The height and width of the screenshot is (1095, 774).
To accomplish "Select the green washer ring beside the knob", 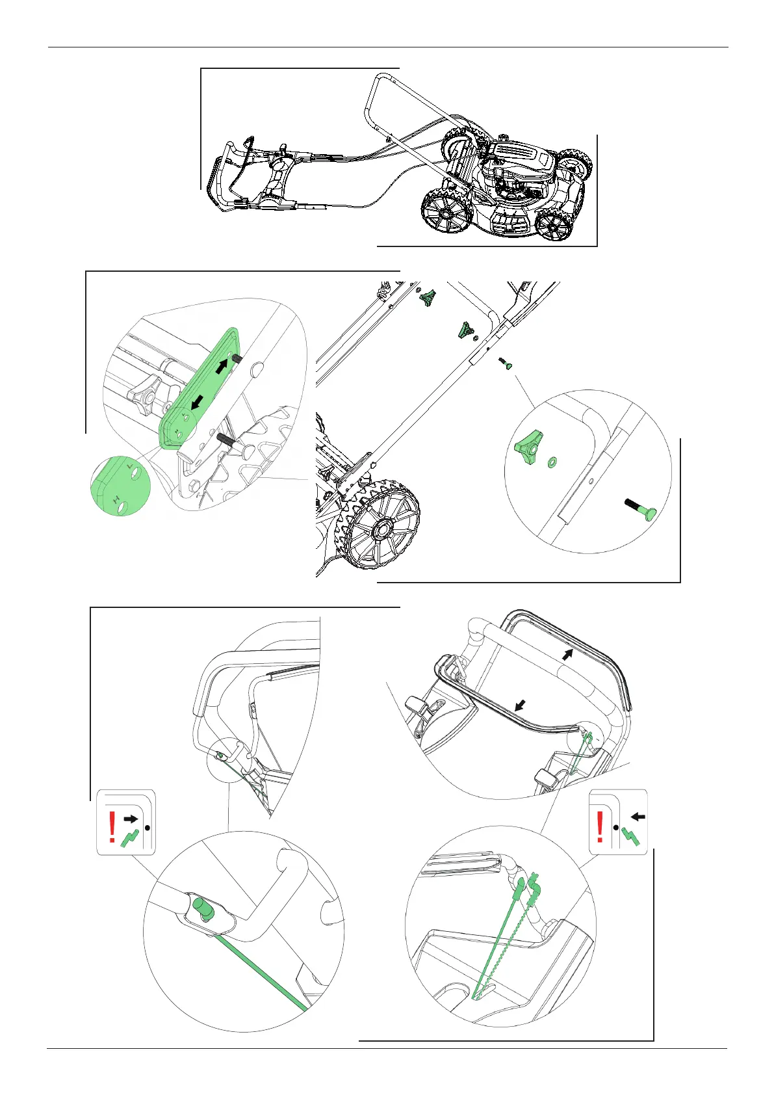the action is click(x=553, y=462).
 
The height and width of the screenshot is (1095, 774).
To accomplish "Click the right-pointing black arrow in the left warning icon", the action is click(x=132, y=819).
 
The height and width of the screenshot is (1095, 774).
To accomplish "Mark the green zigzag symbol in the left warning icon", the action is click(x=131, y=838).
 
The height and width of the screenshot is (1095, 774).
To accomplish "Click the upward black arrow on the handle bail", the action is click(x=569, y=653).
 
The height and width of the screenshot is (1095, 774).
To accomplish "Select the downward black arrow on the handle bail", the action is click(x=519, y=704).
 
